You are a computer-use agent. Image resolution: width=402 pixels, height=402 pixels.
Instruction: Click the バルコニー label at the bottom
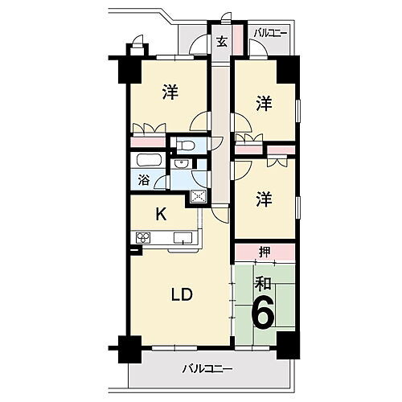click(x=207, y=369)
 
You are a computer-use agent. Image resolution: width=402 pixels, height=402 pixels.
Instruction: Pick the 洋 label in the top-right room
click(x=263, y=103)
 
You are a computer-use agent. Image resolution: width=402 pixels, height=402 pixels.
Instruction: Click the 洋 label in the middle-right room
click(x=263, y=198)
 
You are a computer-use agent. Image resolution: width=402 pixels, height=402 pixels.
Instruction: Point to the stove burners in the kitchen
click(x=145, y=237)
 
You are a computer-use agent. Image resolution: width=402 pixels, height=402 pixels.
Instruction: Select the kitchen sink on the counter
click(x=182, y=237)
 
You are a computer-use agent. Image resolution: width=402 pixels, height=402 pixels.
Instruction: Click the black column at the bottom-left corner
click(x=125, y=347)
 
